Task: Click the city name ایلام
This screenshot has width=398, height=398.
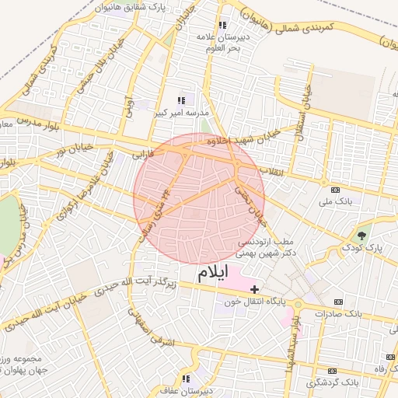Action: click(x=213, y=272)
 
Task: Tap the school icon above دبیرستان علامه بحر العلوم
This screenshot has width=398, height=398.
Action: click(x=224, y=25)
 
